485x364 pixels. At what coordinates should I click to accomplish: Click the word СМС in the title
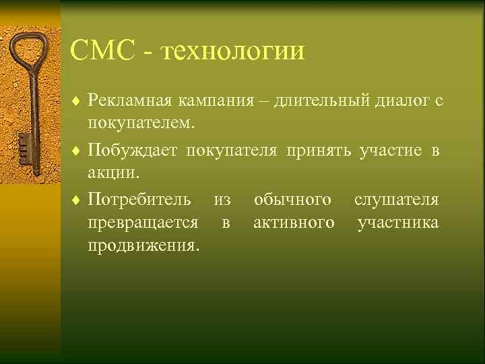pyautogui.click(x=102, y=52)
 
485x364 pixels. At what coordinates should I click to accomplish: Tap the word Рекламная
pyautogui.click(x=131, y=101)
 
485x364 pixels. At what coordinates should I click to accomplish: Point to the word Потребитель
pyautogui.click(x=139, y=200)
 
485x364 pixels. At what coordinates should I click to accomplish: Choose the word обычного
pyautogui.click(x=292, y=200)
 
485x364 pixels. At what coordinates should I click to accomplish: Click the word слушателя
pyautogui.click(x=397, y=200)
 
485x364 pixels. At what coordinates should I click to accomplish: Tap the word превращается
pyautogui.click(x=143, y=223)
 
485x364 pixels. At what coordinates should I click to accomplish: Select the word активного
pyautogui.click(x=294, y=223)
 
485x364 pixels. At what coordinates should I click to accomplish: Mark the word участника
pyautogui.click(x=398, y=223)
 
